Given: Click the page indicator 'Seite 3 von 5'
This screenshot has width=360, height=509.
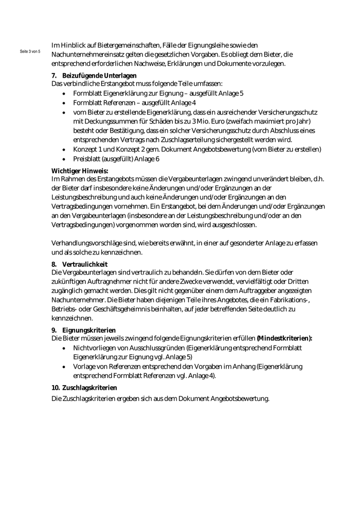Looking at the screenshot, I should pyautogui.click(x=30, y=52).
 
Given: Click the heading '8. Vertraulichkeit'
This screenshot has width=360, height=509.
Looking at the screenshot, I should pyautogui.click(x=79, y=264).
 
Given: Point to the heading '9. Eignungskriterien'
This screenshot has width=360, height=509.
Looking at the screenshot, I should pyautogui.click(x=83, y=330).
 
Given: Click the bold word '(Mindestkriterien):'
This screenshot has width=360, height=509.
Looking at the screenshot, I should pyautogui.click(x=284, y=338).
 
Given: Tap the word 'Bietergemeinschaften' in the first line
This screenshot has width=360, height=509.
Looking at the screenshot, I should pyautogui.click(x=117, y=45).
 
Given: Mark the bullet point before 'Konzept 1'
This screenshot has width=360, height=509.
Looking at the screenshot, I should pyautogui.click(x=63, y=150).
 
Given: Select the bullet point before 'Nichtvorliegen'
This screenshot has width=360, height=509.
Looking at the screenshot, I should pyautogui.click(x=63, y=348).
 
